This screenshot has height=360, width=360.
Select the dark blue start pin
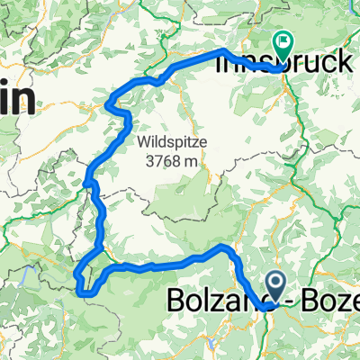276,289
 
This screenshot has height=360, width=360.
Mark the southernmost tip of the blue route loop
87,293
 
